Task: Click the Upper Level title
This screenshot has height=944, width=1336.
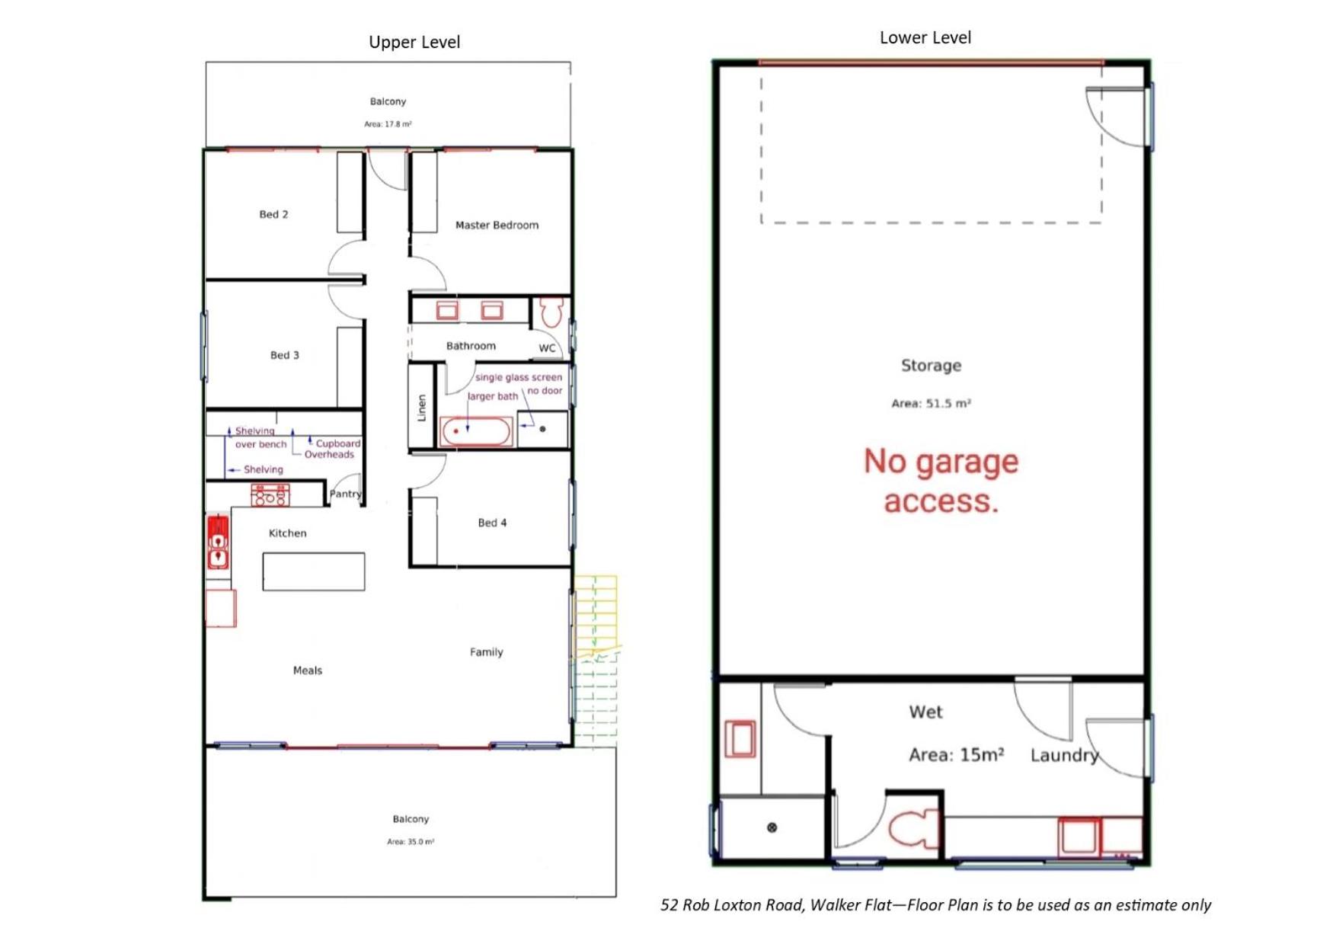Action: [414, 43]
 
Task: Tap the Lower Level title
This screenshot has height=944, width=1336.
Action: [925, 37]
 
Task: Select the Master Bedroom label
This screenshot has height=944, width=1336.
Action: [497, 225]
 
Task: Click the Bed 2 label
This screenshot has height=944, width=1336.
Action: [273, 214]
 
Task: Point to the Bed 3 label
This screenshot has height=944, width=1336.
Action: [284, 355]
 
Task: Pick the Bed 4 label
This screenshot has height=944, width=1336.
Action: [492, 523]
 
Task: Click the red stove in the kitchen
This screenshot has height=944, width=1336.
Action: [270, 495]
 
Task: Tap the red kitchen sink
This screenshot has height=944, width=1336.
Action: [218, 542]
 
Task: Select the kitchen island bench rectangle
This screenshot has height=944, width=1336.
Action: [314, 571]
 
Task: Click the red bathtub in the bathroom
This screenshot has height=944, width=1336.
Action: [475, 432]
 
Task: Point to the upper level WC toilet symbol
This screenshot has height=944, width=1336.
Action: [551, 312]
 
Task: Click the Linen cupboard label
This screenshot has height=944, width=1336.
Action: [421, 408]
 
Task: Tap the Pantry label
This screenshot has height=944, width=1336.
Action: [345, 494]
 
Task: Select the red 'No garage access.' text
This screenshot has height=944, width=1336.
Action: [941, 481]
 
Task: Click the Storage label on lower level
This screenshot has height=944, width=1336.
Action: [931, 366]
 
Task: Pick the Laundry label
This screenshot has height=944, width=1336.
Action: [1065, 755]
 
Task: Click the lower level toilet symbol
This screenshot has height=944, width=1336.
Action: [913, 828]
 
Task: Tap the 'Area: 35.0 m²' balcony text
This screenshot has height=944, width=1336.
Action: [411, 842]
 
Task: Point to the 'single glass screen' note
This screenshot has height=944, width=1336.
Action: [519, 377]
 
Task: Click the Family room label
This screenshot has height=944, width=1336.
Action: [486, 652]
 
